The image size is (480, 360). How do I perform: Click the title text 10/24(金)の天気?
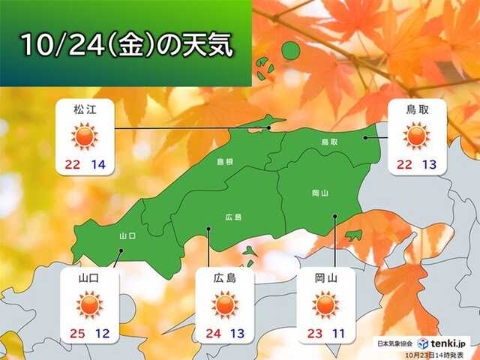(x=125, y=43)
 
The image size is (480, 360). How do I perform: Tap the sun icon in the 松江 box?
(x=85, y=136)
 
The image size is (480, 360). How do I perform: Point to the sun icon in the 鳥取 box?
(x=416, y=136)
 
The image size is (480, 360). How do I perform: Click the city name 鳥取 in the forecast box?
(x=416, y=110)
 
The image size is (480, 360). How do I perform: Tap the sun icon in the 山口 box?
(x=88, y=305)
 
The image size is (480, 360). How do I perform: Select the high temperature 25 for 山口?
(x=74, y=333)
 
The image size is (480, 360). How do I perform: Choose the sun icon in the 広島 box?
(x=223, y=305)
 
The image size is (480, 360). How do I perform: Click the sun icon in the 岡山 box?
(x=326, y=305)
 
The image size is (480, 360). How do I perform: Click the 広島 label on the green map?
(x=233, y=217)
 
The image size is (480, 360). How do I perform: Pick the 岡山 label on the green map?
(x=319, y=193)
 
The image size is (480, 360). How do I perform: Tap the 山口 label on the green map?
(x=127, y=235)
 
